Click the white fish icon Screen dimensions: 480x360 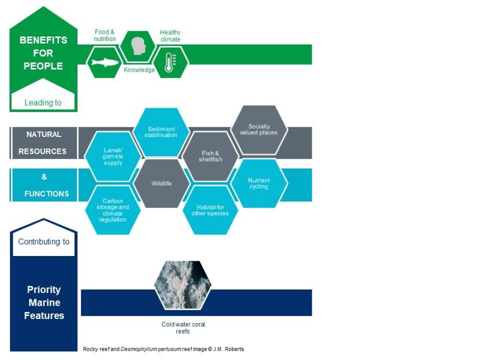[x=105, y=62]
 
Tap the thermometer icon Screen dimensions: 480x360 [x=170, y=62]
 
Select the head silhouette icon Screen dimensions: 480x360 [x=139, y=46]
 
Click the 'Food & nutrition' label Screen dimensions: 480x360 [x=105, y=35]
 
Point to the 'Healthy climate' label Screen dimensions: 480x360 [x=170, y=36]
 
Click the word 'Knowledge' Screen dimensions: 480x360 [x=139, y=70]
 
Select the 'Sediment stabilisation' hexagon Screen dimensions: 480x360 [x=161, y=132]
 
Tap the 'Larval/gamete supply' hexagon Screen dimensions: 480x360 [x=113, y=157]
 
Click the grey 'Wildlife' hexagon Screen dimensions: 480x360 [x=161, y=184]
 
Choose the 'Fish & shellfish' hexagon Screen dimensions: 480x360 [x=211, y=157]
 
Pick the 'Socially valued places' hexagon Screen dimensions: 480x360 [x=259, y=129]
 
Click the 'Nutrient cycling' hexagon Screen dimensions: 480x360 [x=259, y=184]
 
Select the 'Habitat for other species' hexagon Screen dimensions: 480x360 [x=210, y=210]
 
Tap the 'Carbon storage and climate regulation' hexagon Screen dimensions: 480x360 [x=113, y=210]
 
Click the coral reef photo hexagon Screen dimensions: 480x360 [x=183, y=285]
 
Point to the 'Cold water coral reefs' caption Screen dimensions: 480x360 [x=183, y=328]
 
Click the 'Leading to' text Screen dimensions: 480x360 [x=43, y=103]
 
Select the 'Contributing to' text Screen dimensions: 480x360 [x=44, y=242]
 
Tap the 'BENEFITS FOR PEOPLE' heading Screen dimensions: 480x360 [x=43, y=53]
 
